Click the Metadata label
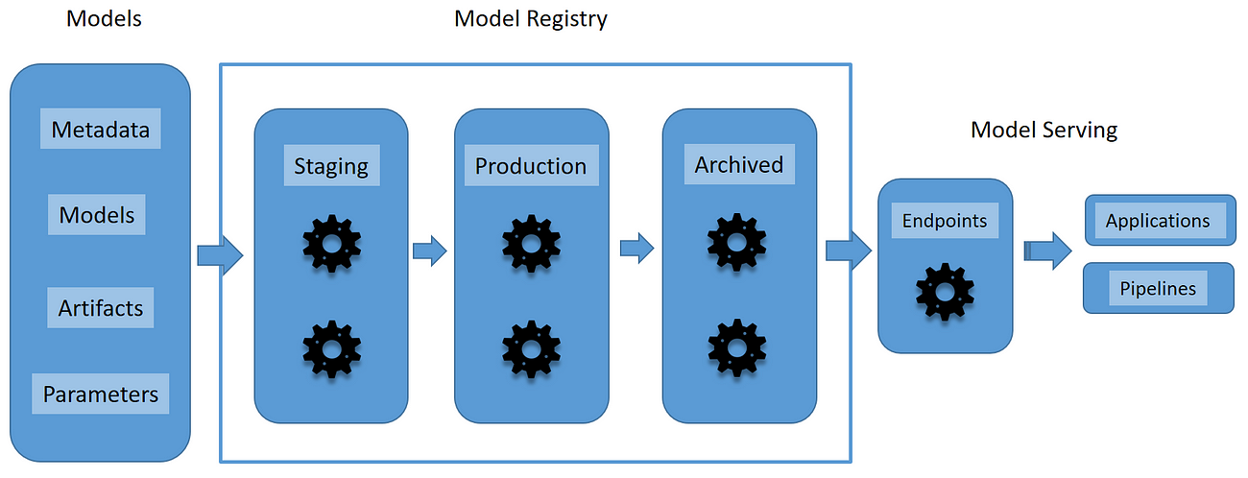tap(101, 129)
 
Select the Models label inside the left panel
tap(97, 214)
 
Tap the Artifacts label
tap(101, 308)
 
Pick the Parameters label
tap(101, 394)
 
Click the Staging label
tap(331, 165)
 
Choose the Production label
tap(531, 165)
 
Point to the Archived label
tap(739, 164)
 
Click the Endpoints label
tap(945, 221)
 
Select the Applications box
tap(1158, 221)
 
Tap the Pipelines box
tap(1158, 288)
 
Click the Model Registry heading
tap(531, 18)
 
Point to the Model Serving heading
tap(1044, 130)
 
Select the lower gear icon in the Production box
tap(531, 347)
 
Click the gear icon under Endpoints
tap(945, 291)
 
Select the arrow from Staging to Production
tap(430, 251)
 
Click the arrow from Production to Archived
tap(636, 250)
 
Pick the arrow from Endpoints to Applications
tap(1047, 251)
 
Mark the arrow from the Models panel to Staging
tap(221, 255)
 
